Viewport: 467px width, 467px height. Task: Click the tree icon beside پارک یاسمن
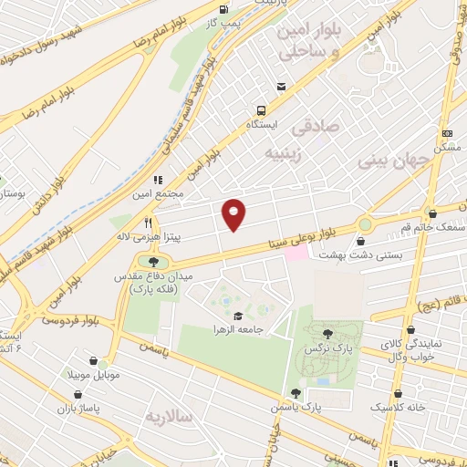pyautogui.click(x=295, y=393)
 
